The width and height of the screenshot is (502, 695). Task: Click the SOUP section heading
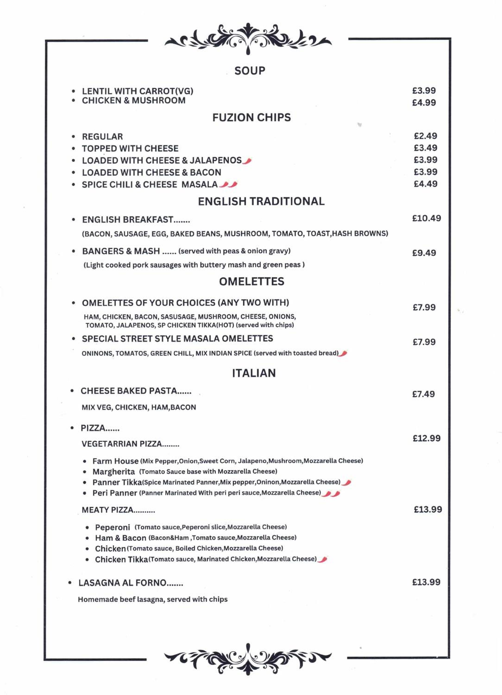click(x=250, y=71)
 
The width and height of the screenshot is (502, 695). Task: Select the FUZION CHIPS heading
click(x=251, y=118)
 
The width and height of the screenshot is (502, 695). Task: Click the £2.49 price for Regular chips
click(x=425, y=136)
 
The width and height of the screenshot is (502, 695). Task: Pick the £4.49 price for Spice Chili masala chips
click(x=425, y=184)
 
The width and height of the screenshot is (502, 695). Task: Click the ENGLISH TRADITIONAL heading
click(x=261, y=201)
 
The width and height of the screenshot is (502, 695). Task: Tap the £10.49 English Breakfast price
click(x=426, y=218)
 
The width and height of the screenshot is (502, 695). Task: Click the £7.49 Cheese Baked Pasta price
click(x=423, y=394)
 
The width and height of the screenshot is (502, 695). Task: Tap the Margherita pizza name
click(x=114, y=472)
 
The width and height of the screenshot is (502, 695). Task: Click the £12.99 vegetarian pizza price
click(x=426, y=439)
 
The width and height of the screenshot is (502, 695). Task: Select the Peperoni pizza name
click(x=112, y=527)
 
